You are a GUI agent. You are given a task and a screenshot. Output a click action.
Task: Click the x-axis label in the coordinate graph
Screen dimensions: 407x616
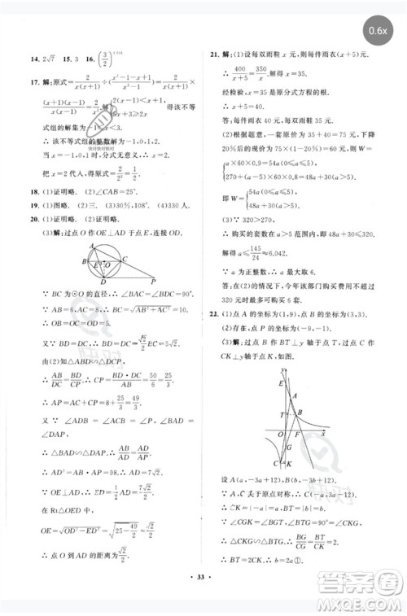[x=323, y=435]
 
